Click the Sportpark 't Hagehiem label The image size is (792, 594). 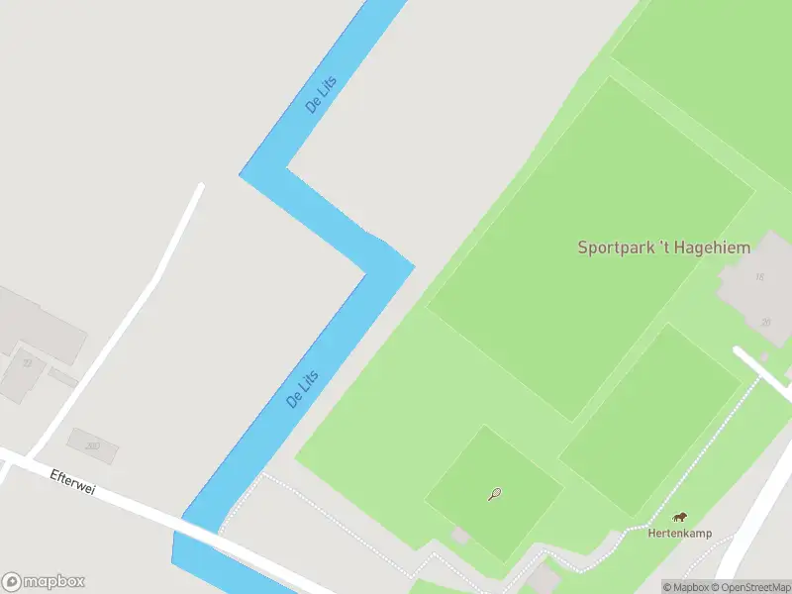(663, 247)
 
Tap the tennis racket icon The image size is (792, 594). (494, 493)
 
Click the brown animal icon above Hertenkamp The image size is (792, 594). (680, 517)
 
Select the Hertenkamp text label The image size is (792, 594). (679, 534)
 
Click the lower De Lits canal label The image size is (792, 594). (302, 387)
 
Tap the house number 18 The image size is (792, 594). (760, 277)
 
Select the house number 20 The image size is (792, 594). (765, 323)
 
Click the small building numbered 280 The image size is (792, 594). (92, 446)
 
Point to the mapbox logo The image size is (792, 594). (44, 582)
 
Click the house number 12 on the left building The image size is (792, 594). (27, 363)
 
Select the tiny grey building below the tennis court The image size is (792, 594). (460, 536)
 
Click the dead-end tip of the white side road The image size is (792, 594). (201, 186)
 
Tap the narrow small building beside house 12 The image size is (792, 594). (62, 377)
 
